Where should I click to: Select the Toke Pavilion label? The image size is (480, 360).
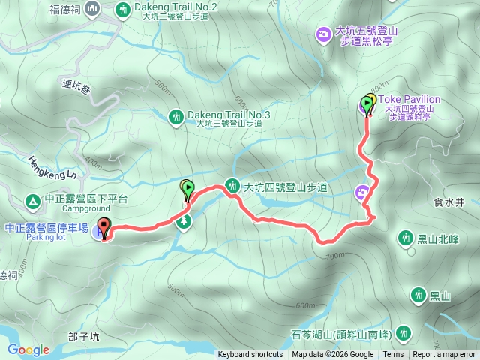[409, 99]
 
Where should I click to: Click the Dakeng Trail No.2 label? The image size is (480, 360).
[175, 7]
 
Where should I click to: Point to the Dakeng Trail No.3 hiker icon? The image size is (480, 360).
[175, 116]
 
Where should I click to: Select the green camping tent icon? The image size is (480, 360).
[32, 201]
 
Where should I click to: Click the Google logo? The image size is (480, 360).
[28, 349]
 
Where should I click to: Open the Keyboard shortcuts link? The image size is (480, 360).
[250, 355]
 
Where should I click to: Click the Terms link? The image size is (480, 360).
[393, 355]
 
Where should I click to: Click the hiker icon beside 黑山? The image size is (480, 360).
[418, 295]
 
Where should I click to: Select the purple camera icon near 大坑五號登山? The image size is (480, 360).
[323, 34]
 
